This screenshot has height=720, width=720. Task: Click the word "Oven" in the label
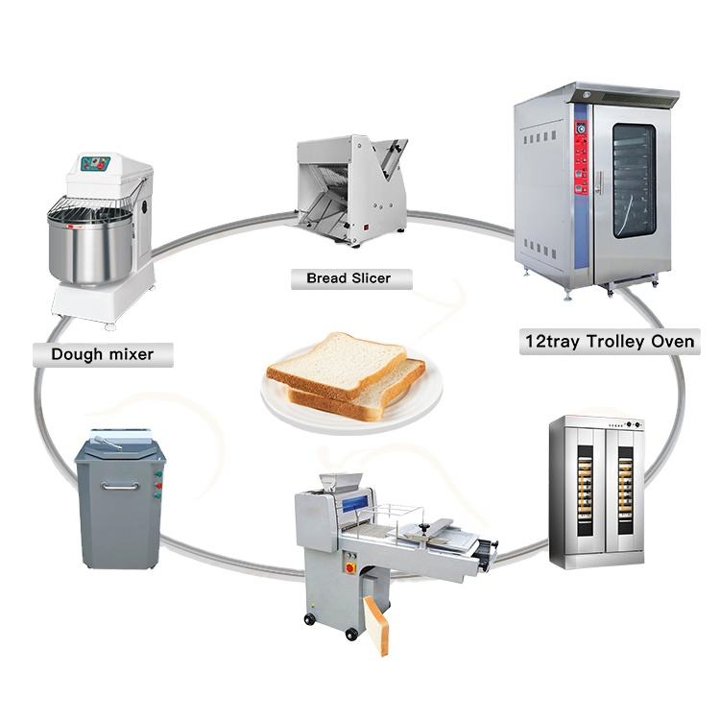[x=671, y=341]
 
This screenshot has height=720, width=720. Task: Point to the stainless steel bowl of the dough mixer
[x=87, y=248]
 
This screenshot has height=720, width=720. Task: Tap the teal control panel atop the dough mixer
[x=94, y=164]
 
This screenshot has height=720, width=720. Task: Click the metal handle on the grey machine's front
[x=120, y=487]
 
